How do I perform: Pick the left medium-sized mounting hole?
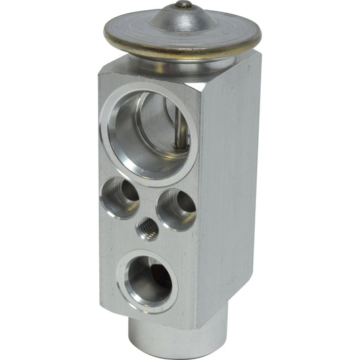120,197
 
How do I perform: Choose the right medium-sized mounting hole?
176,209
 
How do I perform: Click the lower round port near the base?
147,280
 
